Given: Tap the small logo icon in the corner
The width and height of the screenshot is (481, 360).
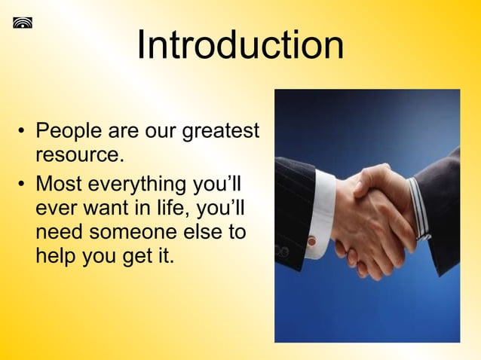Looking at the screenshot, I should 23,22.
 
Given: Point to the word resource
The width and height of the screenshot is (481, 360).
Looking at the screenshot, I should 75,157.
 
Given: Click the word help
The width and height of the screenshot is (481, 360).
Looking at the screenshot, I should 57,255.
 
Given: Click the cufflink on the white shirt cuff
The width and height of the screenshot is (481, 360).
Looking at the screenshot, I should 311,241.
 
